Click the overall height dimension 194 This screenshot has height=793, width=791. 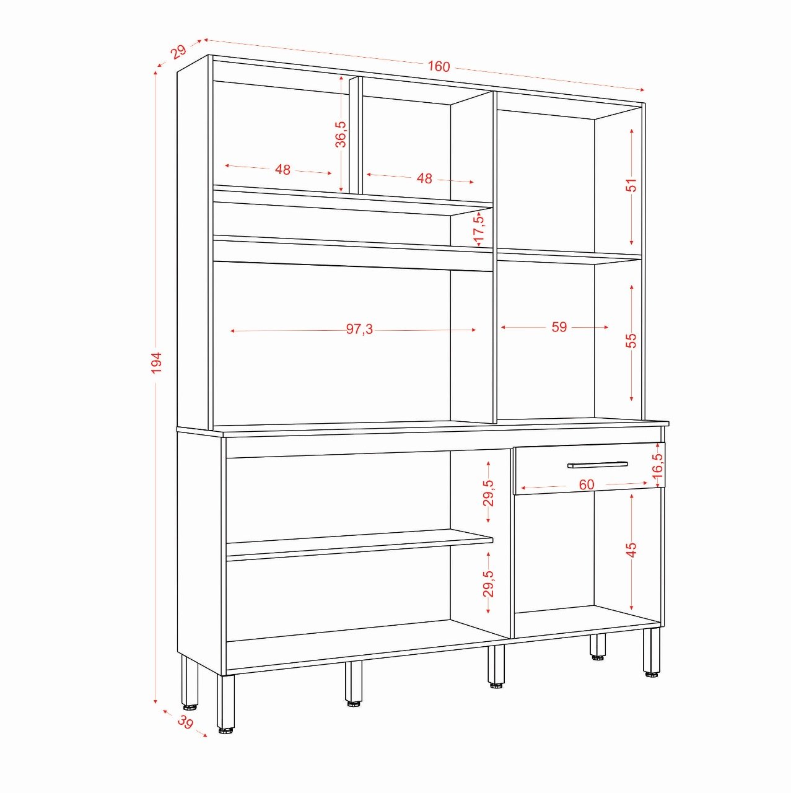click(x=156, y=362)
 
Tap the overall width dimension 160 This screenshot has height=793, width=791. click(x=439, y=66)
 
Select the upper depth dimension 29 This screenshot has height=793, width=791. click(x=179, y=52)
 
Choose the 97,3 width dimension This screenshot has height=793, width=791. click(x=359, y=329)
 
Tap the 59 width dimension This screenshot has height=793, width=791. click(x=559, y=326)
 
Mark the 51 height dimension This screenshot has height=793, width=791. click(x=631, y=185)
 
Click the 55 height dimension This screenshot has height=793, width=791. click(x=631, y=340)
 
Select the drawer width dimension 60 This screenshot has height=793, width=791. click(x=587, y=484)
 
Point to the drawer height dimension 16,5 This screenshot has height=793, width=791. click(x=658, y=466)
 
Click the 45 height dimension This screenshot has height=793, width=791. click(x=631, y=550)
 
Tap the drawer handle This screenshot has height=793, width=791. click(x=598, y=465)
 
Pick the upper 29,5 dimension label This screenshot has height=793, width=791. click(x=489, y=493)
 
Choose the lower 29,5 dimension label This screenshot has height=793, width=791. click(x=489, y=584)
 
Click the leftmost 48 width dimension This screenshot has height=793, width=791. click(x=282, y=169)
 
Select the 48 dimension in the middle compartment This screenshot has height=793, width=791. click(x=424, y=178)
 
